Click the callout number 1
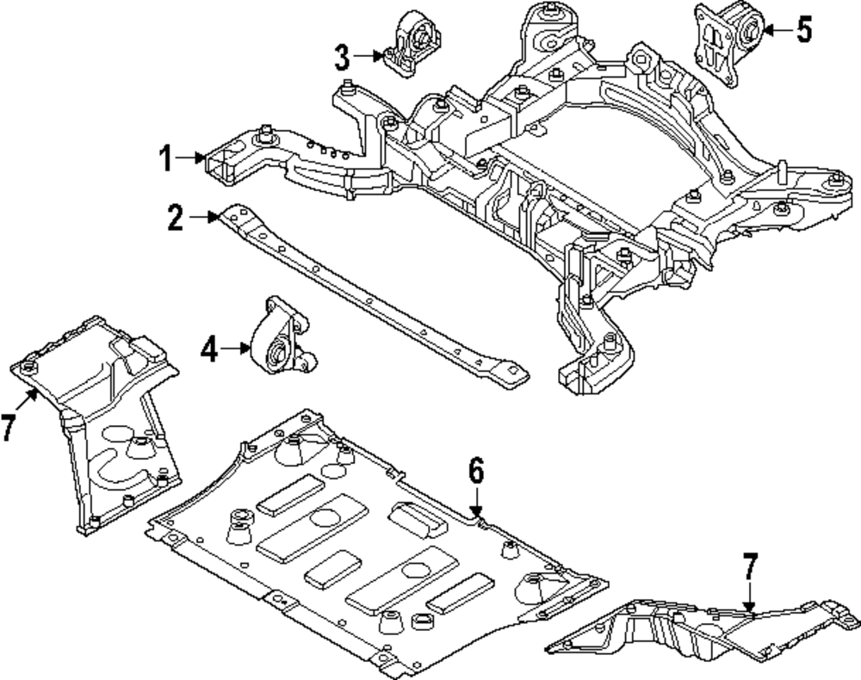(167, 158)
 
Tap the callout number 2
(176, 217)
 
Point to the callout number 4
(209, 349)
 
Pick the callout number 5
(804, 30)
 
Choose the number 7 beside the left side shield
(7, 427)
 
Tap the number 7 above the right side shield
(750, 566)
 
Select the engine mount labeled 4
(283, 336)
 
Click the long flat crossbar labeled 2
(373, 297)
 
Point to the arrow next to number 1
(190, 158)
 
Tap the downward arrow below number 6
(476, 503)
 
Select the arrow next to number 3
(369, 55)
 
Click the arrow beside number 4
(236, 348)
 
